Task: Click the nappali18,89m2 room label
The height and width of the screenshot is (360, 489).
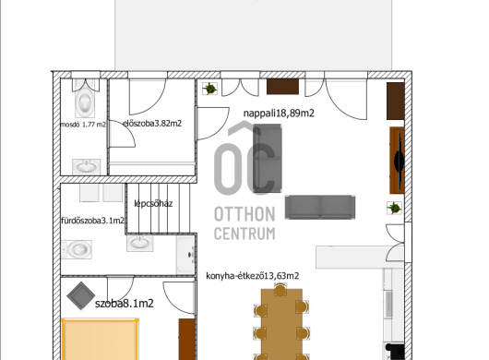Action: [x=279, y=113]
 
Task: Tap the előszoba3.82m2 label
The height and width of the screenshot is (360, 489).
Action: [x=152, y=123]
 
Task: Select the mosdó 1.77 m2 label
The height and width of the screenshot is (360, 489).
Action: [x=83, y=125]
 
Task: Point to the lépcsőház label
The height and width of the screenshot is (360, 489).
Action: [x=153, y=203]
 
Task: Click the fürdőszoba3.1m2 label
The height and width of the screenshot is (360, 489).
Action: [x=93, y=221]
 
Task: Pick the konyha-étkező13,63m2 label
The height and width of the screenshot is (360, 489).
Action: [x=253, y=276]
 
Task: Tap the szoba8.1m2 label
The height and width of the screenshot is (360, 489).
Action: [x=125, y=303]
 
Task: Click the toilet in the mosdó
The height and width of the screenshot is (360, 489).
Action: [x=85, y=99]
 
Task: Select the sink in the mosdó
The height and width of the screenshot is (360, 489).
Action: [x=87, y=167]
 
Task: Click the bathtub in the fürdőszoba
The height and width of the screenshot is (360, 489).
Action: [x=185, y=255]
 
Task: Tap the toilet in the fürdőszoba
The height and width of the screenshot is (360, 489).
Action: [x=77, y=249]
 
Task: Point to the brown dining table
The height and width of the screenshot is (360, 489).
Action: [x=281, y=324]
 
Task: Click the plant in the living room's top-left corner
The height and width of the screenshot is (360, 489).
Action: [x=209, y=89]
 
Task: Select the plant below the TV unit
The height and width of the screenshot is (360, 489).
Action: [x=394, y=208]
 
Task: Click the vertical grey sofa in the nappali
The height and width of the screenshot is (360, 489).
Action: [x=268, y=158]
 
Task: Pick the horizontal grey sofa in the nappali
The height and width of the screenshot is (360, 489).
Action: [x=320, y=207]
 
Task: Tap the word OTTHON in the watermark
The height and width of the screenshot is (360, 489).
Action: [x=244, y=214]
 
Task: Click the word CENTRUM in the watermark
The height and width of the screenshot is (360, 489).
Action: [x=244, y=234]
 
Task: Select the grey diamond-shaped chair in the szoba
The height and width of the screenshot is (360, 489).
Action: [x=81, y=295]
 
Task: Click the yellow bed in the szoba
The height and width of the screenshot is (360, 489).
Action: [x=100, y=340]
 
